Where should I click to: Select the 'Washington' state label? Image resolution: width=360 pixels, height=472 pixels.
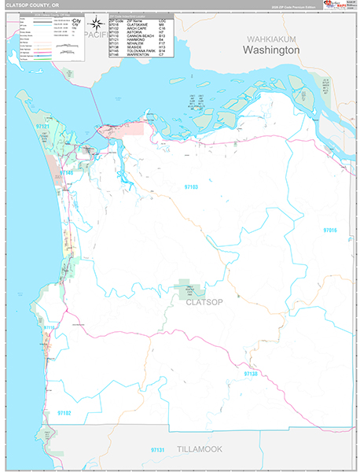point(270,50)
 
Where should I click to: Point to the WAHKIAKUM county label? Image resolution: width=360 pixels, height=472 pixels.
point(269,38)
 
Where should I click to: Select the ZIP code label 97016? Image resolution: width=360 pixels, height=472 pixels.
point(329,230)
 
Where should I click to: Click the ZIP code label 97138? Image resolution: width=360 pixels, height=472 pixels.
point(251,374)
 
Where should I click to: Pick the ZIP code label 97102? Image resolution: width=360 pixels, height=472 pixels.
point(64,412)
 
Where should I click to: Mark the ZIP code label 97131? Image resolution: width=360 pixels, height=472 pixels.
point(160,450)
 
